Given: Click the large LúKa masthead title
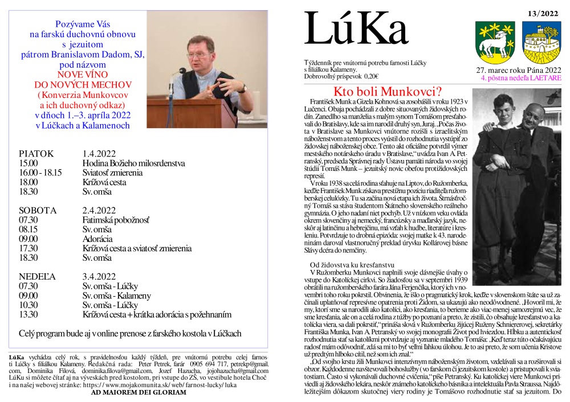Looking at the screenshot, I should (356, 30).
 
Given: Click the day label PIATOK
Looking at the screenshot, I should (36, 154).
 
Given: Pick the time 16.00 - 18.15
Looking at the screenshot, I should (40, 173).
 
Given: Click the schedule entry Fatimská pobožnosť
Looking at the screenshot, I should (116, 220).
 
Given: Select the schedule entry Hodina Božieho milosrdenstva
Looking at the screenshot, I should (133, 163).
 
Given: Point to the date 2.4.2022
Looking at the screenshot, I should (100, 210).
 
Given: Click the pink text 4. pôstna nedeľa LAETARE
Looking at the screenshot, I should (520, 77).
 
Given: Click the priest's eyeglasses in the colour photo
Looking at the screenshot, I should (198, 55).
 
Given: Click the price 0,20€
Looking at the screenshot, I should (371, 76).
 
